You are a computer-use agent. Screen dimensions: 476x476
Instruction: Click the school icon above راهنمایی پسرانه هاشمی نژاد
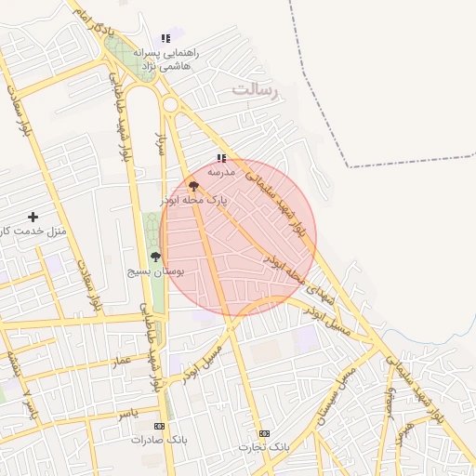[x=165, y=39]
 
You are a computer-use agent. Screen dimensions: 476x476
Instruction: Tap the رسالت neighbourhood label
[x=256, y=90]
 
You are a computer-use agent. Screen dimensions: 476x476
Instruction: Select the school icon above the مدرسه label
[x=221, y=159]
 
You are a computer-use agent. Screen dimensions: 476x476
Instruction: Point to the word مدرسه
[x=221, y=172]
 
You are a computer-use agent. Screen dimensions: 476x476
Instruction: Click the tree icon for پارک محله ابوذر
[x=193, y=187]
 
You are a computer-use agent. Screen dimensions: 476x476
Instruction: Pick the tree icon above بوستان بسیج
[x=155, y=258]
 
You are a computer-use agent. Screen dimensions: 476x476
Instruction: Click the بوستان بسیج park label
[x=156, y=271]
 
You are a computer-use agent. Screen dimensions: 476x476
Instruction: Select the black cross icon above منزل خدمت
[x=33, y=217]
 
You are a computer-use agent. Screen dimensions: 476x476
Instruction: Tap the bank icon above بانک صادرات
[x=159, y=426]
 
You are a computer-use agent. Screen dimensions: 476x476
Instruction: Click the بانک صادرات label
[x=159, y=439]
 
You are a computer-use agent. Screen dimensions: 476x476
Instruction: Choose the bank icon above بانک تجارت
[x=264, y=433]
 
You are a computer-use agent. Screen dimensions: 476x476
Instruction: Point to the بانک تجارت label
[x=264, y=447]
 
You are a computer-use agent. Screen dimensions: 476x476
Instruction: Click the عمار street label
[x=122, y=361]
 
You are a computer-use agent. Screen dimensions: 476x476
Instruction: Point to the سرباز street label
[x=160, y=144]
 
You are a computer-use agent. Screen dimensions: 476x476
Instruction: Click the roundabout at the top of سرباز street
[x=171, y=105]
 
